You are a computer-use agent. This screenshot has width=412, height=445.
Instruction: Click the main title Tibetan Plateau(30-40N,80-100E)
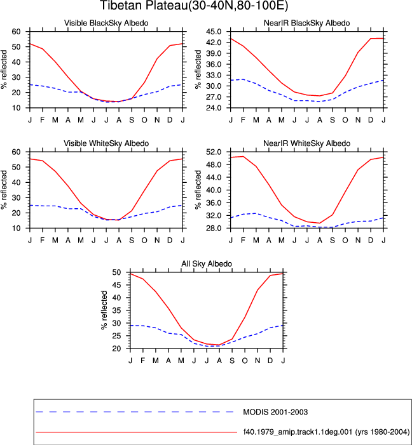194,5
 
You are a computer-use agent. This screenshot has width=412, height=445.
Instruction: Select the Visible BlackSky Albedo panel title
106,23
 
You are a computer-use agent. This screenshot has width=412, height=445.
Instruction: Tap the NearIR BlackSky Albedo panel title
307,23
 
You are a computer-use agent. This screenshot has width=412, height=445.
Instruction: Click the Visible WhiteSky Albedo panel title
106,143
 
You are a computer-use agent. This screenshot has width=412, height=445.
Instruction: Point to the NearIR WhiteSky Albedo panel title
307,143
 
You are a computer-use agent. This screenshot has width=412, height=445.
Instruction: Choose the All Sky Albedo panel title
207,263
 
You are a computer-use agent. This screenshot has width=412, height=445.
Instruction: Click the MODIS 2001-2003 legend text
275,412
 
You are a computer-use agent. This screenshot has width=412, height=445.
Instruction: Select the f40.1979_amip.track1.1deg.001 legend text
326,432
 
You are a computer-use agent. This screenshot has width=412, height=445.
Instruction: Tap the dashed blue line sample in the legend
135,412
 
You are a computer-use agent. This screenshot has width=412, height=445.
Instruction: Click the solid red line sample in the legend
137,432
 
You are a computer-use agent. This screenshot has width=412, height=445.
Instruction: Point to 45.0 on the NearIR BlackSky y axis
214,32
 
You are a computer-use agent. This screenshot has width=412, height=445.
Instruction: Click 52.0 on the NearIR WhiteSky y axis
214,152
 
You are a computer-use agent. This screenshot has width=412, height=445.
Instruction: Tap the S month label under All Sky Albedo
232,361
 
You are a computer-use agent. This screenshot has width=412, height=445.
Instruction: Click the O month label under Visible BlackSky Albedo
144,120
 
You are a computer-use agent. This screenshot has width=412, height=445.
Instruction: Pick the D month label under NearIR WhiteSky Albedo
371,241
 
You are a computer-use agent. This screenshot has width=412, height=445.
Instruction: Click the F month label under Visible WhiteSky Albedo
43,241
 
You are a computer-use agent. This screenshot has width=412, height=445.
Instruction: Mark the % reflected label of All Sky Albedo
104,310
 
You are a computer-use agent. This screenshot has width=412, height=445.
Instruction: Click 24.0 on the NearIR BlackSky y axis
214,108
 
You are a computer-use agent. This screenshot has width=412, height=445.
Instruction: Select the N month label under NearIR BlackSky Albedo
358,120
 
